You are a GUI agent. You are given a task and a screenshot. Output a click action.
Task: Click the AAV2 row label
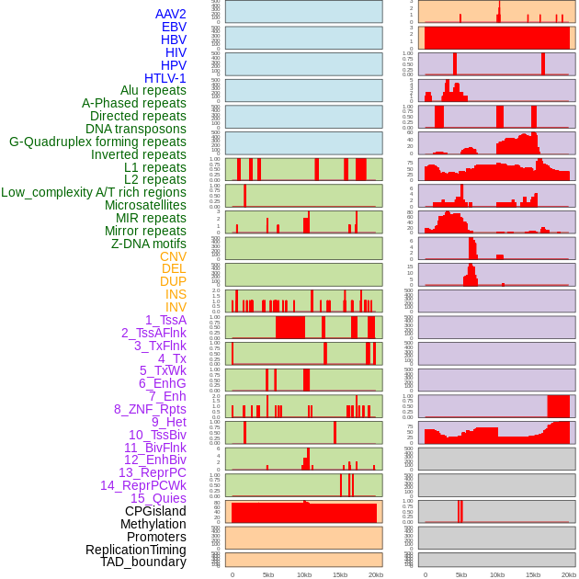coord(170,14)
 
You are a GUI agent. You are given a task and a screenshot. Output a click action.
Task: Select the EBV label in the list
coord(174,27)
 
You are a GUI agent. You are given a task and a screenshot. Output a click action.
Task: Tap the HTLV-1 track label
coord(165,78)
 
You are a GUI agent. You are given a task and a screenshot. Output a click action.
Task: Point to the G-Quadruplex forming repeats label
coord(97,142)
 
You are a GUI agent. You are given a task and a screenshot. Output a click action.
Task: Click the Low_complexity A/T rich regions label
coord(94,192)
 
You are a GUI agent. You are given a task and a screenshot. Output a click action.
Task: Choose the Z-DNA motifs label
coord(149,244)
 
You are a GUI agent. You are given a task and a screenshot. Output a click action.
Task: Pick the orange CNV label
coord(173,256)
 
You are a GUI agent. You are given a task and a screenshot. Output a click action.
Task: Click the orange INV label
coord(176,307)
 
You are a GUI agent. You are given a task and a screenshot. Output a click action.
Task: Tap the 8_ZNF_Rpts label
coord(150,409)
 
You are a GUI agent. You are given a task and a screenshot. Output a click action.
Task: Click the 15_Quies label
coord(157,498)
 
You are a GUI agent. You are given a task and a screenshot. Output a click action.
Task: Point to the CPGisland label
coord(155,511)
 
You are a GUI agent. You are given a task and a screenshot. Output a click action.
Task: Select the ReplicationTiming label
coord(135,550)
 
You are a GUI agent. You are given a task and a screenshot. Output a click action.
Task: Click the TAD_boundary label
coord(143,562)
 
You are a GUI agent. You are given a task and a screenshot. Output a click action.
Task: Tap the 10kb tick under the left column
coord(304,574)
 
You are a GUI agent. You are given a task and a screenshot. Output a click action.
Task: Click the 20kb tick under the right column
coord(569,574)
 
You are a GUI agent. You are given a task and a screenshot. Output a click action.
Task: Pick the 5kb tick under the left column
coord(268,574)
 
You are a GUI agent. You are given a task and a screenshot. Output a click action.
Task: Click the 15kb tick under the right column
coord(533,574)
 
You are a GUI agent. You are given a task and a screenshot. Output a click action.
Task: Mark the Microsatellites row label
coord(145,205)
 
